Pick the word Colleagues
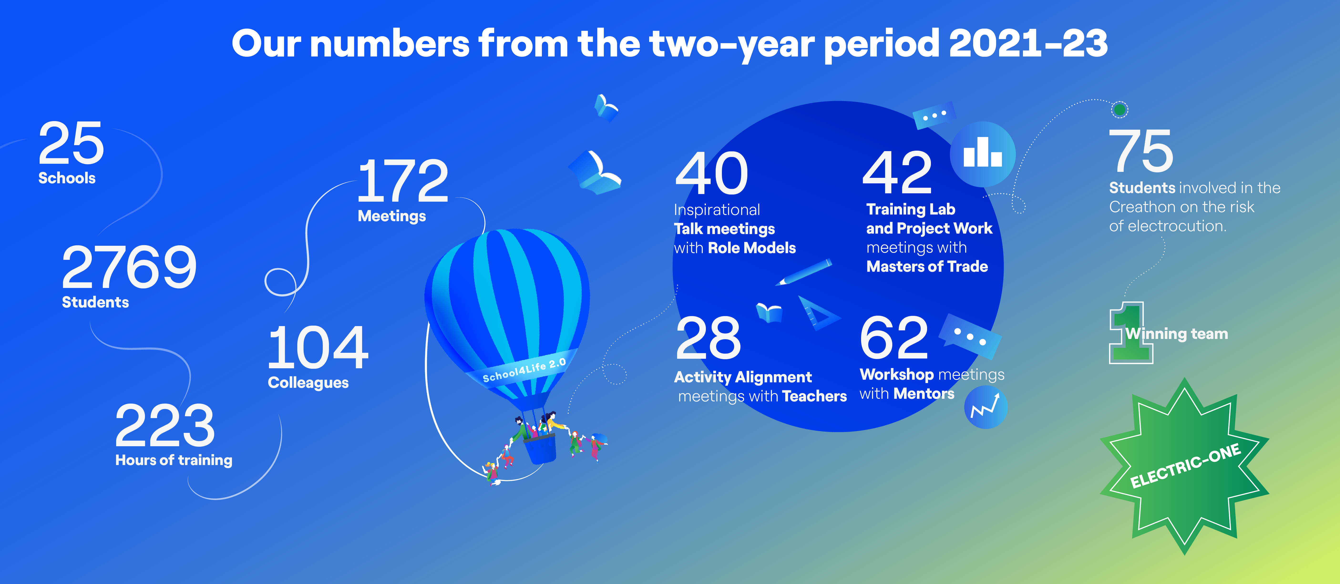tap(308, 383)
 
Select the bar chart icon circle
tap(983, 154)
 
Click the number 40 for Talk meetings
tap(712, 173)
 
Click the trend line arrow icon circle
tap(986, 407)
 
